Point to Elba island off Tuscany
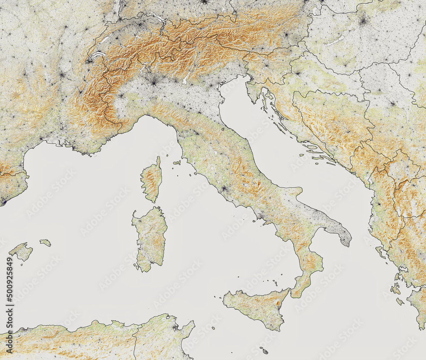pyautogui.click(x=177, y=162)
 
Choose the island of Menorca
pyautogui.click(x=45, y=243)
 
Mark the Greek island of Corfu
pyautogui.click(x=380, y=252)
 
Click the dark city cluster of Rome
pyautogui.click(x=223, y=188)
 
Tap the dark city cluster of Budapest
pyautogui.click(x=363, y=20)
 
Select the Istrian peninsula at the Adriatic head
pyautogui.click(x=255, y=91)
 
